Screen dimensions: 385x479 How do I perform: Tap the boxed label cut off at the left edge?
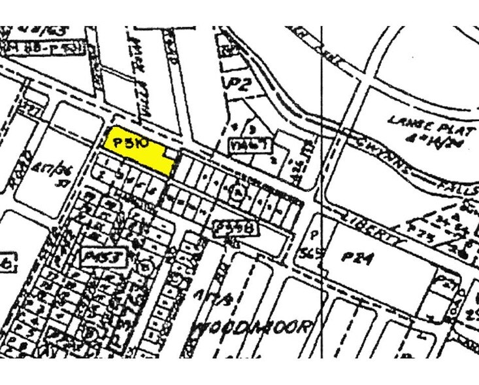point(6,263)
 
